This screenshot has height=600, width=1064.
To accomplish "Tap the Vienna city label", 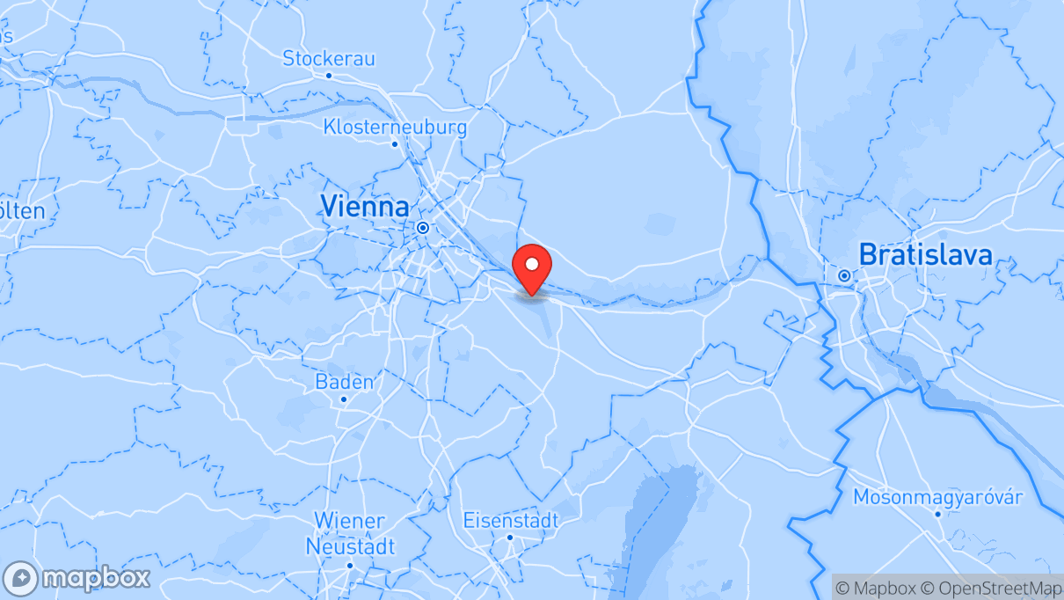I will tap(364, 207).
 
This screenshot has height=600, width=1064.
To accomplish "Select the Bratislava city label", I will tap(925, 255).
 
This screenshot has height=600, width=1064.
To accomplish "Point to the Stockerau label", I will tap(329, 59).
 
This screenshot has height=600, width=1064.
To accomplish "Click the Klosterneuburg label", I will tap(395, 127).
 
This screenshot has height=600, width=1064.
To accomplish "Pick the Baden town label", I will tap(344, 382).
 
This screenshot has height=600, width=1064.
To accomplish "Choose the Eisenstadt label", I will tap(510, 520).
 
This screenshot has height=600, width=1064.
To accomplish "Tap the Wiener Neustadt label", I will tap(349, 532).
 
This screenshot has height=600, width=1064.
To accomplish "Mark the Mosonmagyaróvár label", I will tap(937, 498).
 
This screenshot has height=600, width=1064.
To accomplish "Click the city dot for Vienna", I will tap(423, 227).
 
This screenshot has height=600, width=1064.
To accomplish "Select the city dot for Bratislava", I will tap(844, 275).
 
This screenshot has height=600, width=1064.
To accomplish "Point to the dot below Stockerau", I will tap(329, 76).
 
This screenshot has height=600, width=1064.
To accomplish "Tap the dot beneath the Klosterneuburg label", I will tap(395, 143).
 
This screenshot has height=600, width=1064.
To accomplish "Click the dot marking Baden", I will tap(344, 399).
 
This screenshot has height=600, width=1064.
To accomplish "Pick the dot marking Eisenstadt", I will tap(510, 537).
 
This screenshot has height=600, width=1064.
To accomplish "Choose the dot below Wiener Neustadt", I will tap(349, 564).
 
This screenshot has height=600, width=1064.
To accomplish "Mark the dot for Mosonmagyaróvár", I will tap(937, 515).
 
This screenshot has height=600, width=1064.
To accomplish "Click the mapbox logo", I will tap(77, 579).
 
